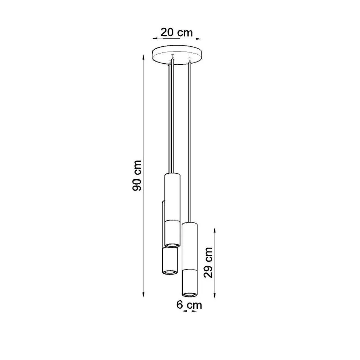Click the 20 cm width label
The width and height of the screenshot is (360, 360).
(177, 32)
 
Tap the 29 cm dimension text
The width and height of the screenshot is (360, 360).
(209, 262)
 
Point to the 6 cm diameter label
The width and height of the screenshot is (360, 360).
(189, 305)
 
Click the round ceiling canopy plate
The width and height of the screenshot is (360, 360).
(177, 54)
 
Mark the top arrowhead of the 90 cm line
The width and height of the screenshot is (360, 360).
(144, 58)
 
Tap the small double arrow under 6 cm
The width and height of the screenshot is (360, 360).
(189, 311)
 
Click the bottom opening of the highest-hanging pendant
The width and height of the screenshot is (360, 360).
(172, 245)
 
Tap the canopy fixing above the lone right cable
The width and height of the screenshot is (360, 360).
(189, 59)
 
